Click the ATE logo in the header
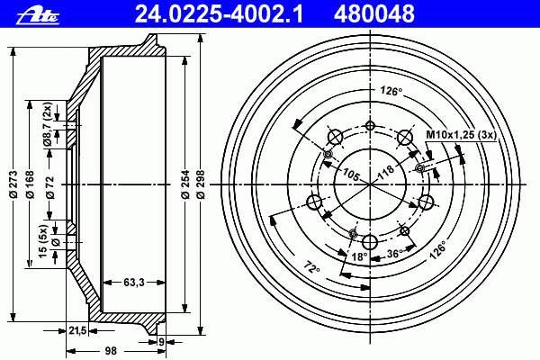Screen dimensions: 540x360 (38, 15)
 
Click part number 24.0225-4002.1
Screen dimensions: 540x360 (219, 14)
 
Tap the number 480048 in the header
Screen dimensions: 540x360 (374, 14)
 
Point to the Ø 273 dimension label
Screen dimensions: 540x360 (13, 184)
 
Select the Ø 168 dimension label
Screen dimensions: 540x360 (31, 184)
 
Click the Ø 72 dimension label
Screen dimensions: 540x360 (50, 187)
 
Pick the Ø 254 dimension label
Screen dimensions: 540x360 (185, 184)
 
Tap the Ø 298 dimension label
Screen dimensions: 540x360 (202, 184)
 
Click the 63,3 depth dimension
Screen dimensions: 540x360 (134, 283)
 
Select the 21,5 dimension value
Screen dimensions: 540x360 (77, 331)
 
